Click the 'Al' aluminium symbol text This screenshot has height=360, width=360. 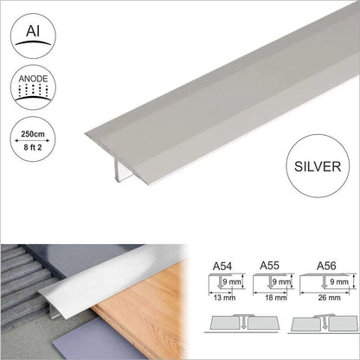[x=33, y=31]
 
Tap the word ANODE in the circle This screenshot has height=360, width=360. [x=33, y=79]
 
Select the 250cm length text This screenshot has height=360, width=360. [x=33, y=134]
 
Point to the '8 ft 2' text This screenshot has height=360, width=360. [x=32, y=147]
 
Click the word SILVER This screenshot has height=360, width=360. [x=318, y=166]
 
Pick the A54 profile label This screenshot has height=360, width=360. [x=222, y=267]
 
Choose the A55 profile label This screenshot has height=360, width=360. [x=269, y=266]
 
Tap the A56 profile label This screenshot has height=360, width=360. [x=326, y=266]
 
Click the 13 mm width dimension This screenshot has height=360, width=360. [x=224, y=298]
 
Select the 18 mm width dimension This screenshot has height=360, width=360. [x=276, y=298]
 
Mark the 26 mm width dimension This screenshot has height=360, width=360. [x=330, y=298]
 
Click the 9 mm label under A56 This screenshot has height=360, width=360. [x=339, y=281]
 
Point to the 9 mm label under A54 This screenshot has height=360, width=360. [x=232, y=281]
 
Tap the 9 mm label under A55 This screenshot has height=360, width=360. [x=281, y=281]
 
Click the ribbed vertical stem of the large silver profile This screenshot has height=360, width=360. [x=119, y=170]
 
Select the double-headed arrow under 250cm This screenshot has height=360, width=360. [x=32, y=140]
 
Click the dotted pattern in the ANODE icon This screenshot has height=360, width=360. [x=33, y=90]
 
